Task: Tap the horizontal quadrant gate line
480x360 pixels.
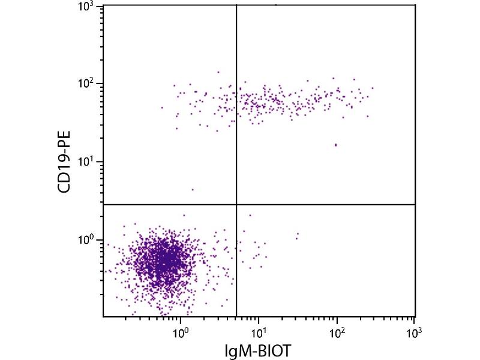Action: pos(324,205)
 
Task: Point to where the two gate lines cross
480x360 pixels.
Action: pos(236,205)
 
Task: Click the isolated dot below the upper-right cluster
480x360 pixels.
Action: pos(335,145)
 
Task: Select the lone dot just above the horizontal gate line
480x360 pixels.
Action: pos(193,190)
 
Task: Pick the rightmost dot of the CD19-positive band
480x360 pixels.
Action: pos(373,88)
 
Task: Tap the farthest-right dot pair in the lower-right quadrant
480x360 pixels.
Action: pos(297,235)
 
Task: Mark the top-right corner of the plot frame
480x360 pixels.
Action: pos(415,5)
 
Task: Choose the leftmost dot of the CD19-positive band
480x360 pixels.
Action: pos(162,107)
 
